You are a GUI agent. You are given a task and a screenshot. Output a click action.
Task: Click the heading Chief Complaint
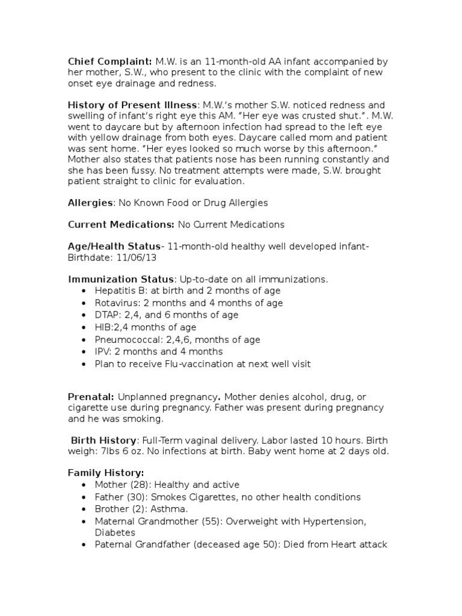click(110, 61)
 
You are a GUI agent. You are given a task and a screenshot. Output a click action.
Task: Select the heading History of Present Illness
click(132, 105)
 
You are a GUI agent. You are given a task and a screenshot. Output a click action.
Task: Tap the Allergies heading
click(90, 203)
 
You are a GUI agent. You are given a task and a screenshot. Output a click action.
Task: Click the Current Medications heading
click(120, 224)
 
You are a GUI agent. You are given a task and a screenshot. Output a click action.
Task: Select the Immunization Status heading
click(121, 279)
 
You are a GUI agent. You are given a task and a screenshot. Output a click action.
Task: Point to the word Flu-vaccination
click(194, 364)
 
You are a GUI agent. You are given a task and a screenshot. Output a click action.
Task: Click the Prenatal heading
click(91, 397)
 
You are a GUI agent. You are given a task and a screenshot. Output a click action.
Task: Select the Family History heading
click(106, 473)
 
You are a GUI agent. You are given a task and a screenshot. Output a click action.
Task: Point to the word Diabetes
click(115, 532)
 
